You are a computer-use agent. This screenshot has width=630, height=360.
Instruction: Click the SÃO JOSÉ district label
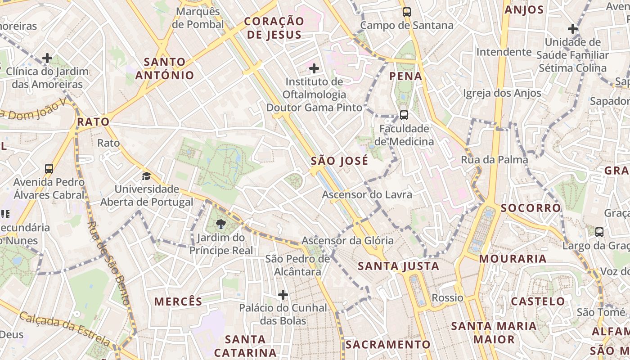coord(339,161)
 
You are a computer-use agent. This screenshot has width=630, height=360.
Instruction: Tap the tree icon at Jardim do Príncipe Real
coord(221,224)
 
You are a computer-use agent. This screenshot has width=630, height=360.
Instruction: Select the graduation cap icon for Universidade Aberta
coord(146,175)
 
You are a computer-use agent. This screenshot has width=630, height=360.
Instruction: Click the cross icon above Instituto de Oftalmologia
coord(314,69)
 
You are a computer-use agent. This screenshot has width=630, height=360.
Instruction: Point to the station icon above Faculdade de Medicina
coord(404,115)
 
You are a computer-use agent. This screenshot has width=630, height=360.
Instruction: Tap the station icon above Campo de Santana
coord(407,12)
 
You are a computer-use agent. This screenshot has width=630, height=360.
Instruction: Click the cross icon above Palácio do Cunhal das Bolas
coord(283,295)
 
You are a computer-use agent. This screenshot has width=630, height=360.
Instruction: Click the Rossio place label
coord(447,298)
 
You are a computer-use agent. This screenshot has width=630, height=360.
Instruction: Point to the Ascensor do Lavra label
coord(367,195)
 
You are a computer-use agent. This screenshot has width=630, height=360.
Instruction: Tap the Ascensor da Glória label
coord(347,241)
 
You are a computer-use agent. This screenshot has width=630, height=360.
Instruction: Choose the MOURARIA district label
coord(513,259)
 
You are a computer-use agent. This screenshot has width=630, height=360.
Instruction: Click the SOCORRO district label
coord(531,208)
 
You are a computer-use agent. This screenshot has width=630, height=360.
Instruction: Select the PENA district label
coord(406,76)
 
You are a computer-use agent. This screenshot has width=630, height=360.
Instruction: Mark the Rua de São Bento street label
coord(108,263)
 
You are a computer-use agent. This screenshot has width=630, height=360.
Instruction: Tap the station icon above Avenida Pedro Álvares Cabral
coord(49,169)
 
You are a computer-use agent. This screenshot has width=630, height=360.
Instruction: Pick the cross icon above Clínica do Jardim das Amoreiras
coord(47,58)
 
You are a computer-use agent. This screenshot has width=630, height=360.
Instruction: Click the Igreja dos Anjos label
coord(502,93)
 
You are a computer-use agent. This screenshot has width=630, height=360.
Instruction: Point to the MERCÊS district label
coord(178,301)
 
